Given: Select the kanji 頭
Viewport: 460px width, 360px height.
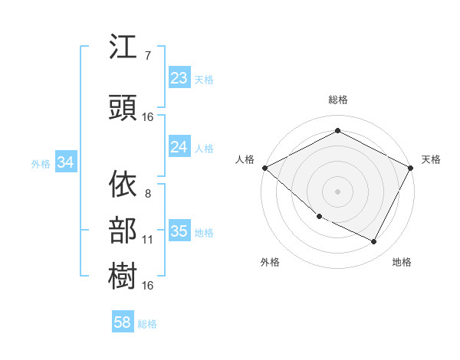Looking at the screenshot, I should [x=123, y=109].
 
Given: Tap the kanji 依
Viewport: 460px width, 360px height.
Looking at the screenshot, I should [x=123, y=185].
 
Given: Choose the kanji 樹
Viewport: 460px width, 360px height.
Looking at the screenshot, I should [x=123, y=274].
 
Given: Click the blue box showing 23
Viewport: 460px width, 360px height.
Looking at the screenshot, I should [x=179, y=78].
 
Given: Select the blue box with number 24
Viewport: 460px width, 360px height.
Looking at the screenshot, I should [x=179, y=147].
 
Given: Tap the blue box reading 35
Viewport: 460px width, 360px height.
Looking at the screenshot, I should [x=179, y=232].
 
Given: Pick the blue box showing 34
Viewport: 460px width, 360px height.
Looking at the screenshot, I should [x=65, y=162].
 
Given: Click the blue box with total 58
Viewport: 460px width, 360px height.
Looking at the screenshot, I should [x=123, y=322].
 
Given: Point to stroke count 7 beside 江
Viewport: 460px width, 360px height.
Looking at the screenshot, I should [x=147, y=55].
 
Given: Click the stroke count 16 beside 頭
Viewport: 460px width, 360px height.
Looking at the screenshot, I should [x=148, y=117].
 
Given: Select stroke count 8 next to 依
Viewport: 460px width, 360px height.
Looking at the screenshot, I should [x=147, y=193].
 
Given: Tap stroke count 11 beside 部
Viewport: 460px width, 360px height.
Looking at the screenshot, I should [x=148, y=239].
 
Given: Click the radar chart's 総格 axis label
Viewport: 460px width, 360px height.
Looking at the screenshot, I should [x=337, y=100].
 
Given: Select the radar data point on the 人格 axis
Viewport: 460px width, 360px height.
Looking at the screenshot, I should [x=264, y=168].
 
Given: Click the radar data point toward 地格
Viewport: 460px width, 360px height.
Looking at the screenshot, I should [x=374, y=242].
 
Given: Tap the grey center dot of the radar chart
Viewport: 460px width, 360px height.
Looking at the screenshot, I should [x=337, y=191].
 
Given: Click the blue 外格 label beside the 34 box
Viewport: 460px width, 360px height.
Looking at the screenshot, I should [x=40, y=163].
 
